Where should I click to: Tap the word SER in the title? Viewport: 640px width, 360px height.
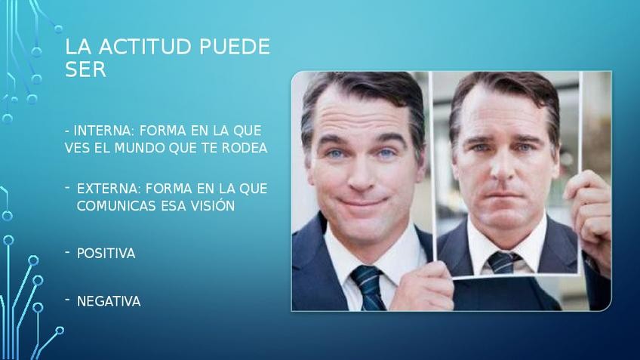pyautogui.click(x=85, y=69)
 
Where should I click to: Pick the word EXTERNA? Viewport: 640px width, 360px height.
pyautogui.click(x=109, y=189)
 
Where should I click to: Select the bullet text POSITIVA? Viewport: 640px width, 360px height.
pyautogui.click(x=106, y=254)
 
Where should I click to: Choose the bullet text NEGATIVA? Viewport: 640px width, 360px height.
pyautogui.click(x=109, y=301)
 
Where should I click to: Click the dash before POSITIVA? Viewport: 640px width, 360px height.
pyautogui.click(x=67, y=253)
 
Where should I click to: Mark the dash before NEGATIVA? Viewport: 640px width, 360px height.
pyautogui.click(x=67, y=300)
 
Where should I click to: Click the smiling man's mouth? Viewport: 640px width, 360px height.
pyautogui.click(x=362, y=202)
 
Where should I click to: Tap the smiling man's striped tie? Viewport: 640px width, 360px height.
pyautogui.click(x=368, y=288)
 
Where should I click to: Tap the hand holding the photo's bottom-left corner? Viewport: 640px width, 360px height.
pyautogui.click(x=423, y=288)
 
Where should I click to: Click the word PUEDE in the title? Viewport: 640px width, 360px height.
pyautogui.click(x=235, y=47)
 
